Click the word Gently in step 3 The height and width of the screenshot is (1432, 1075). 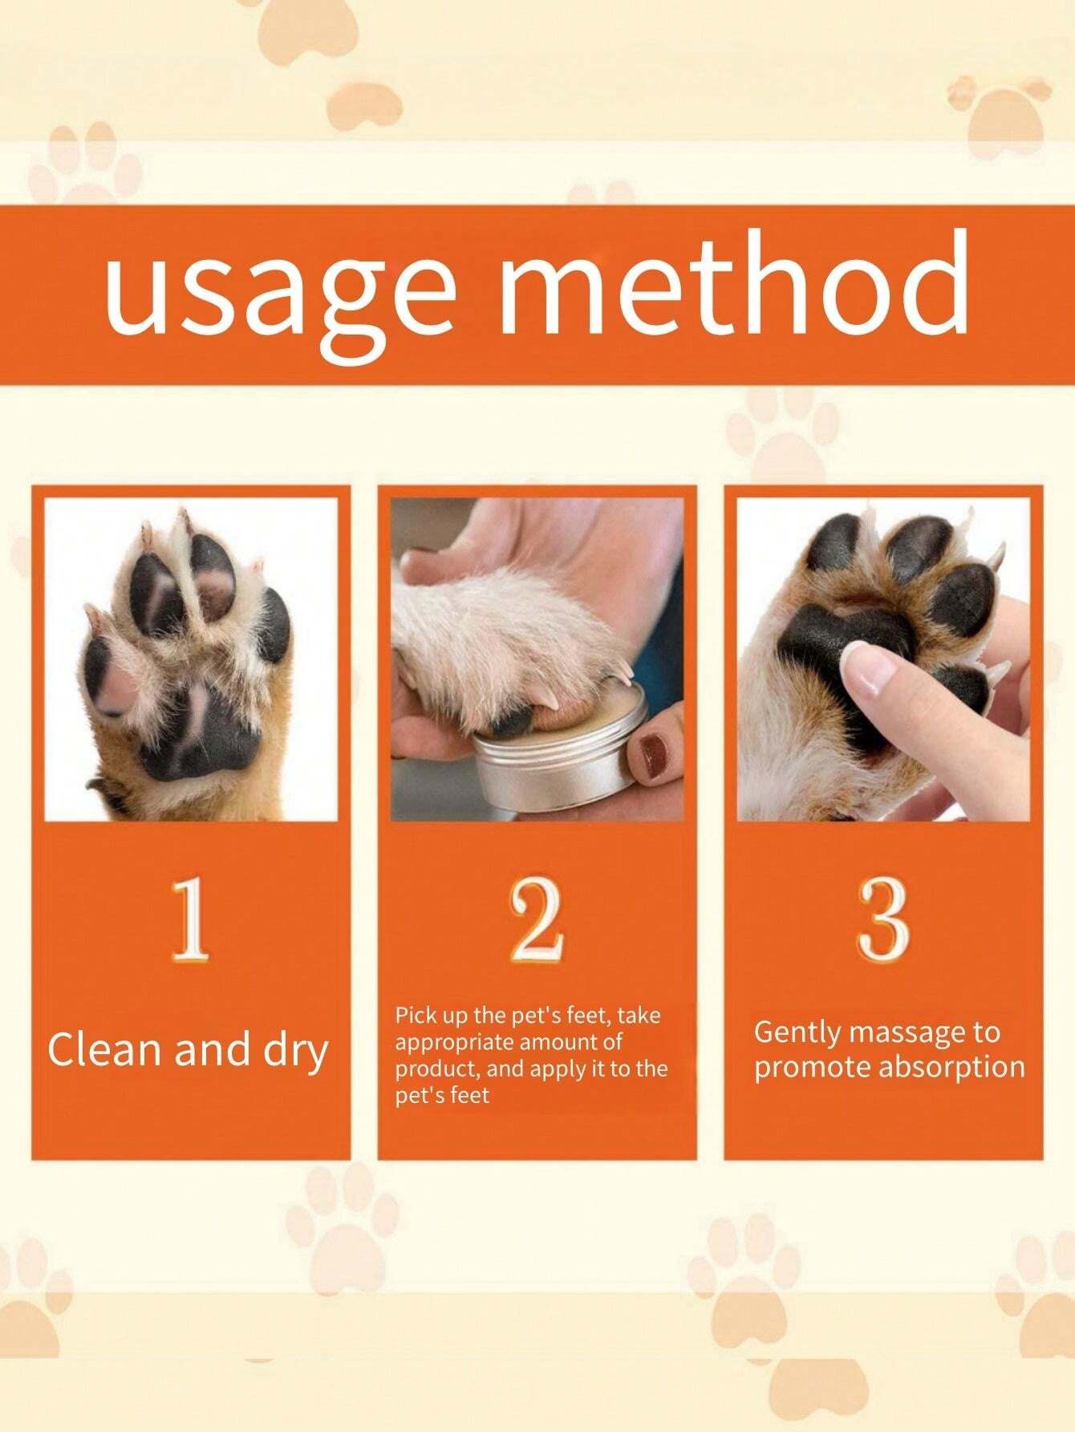click(x=795, y=1032)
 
